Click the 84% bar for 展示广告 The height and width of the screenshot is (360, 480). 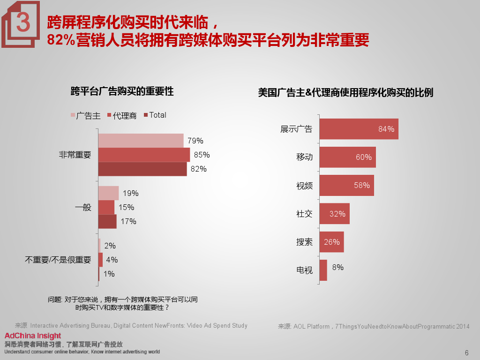coord(359,129)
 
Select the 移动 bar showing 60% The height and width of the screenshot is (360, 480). coord(347,157)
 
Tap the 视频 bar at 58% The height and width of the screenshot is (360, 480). coord(346,186)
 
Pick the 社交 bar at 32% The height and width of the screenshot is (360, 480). coord(334,214)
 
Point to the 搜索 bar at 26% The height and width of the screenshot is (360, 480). coord(331,242)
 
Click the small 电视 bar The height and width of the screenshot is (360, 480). coord(323,270)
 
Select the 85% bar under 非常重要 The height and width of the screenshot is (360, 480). coord(144,155)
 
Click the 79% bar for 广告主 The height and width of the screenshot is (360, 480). coord(141,141)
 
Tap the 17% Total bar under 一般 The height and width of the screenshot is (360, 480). coord(107,221)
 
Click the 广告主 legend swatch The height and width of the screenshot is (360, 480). coord(73,115)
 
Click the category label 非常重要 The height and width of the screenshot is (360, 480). coord(75,155)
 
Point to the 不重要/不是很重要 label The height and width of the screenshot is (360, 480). coord(58,260)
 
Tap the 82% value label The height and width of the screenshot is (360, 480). coord(199,169)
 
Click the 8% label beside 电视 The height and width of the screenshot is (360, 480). coord(337,267)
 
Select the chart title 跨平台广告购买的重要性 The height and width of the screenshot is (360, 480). coord(122,91)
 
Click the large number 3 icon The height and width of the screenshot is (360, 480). coord(22,23)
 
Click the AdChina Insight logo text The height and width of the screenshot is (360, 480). coord(33,336)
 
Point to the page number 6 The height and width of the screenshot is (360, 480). coord(466,353)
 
